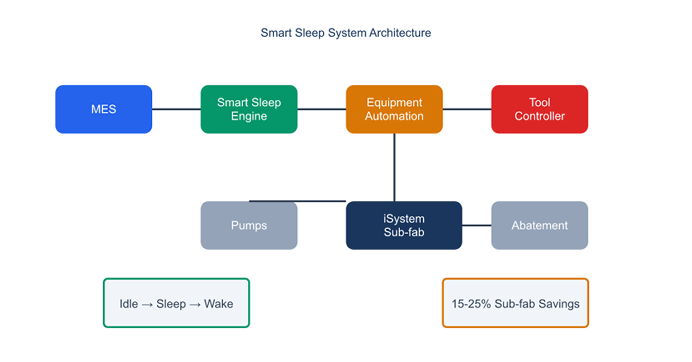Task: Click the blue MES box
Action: click(x=103, y=109)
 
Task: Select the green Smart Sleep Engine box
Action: click(x=249, y=109)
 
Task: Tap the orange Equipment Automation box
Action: click(x=394, y=109)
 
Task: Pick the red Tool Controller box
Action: click(x=540, y=109)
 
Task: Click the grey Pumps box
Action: click(x=249, y=226)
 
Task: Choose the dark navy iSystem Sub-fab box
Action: click(x=404, y=226)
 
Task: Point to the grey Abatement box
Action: click(x=540, y=226)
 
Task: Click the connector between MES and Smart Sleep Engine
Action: click(x=176, y=109)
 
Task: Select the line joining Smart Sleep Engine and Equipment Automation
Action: click(x=322, y=109)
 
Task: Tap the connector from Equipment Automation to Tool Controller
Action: click(x=467, y=109)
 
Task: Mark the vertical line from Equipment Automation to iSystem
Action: click(x=394, y=167)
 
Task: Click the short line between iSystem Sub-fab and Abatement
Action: click(x=476, y=226)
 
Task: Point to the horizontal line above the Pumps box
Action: click(x=298, y=201)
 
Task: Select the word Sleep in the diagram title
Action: click(x=309, y=33)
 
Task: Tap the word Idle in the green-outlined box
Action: click(x=129, y=304)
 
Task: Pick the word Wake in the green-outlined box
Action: click(x=218, y=304)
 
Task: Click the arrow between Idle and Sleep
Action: click(x=147, y=305)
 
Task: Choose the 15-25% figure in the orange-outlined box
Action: click(x=471, y=304)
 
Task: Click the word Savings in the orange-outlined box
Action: click(x=559, y=304)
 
